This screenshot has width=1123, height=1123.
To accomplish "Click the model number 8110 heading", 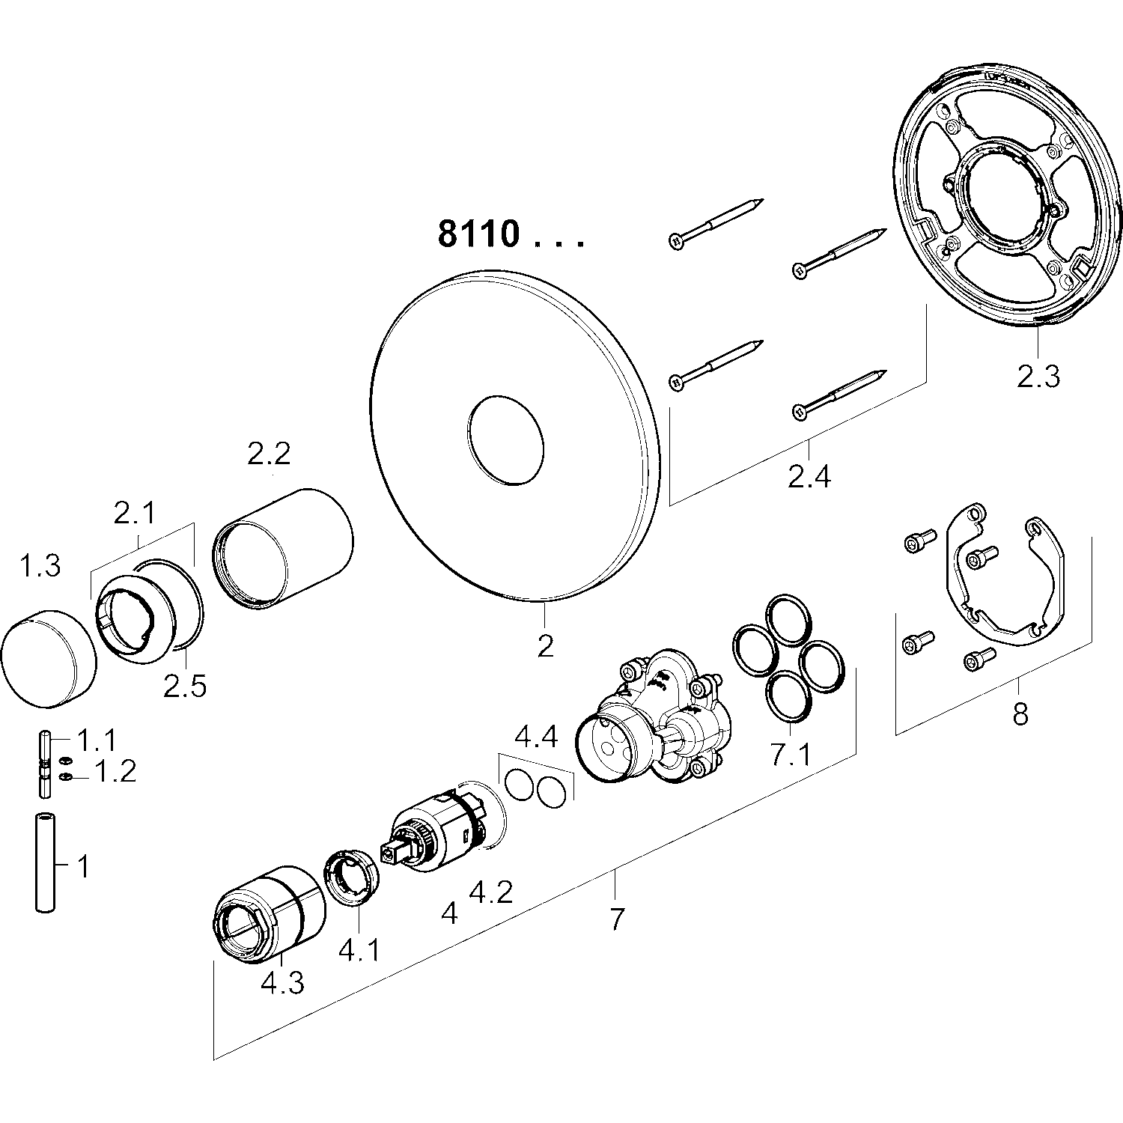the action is tap(478, 234).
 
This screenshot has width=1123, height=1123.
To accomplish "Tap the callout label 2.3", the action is tap(1038, 376).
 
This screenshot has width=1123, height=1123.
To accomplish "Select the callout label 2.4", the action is tap(809, 475).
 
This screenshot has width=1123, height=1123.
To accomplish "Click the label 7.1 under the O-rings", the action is tap(791, 755).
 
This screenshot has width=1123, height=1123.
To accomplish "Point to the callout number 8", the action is tap(1020, 714).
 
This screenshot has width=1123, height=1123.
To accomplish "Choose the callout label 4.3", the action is tap(282, 982).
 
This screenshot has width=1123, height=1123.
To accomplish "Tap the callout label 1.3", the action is tap(40, 567).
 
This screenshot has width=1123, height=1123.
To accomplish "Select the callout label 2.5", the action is tap(185, 686).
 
